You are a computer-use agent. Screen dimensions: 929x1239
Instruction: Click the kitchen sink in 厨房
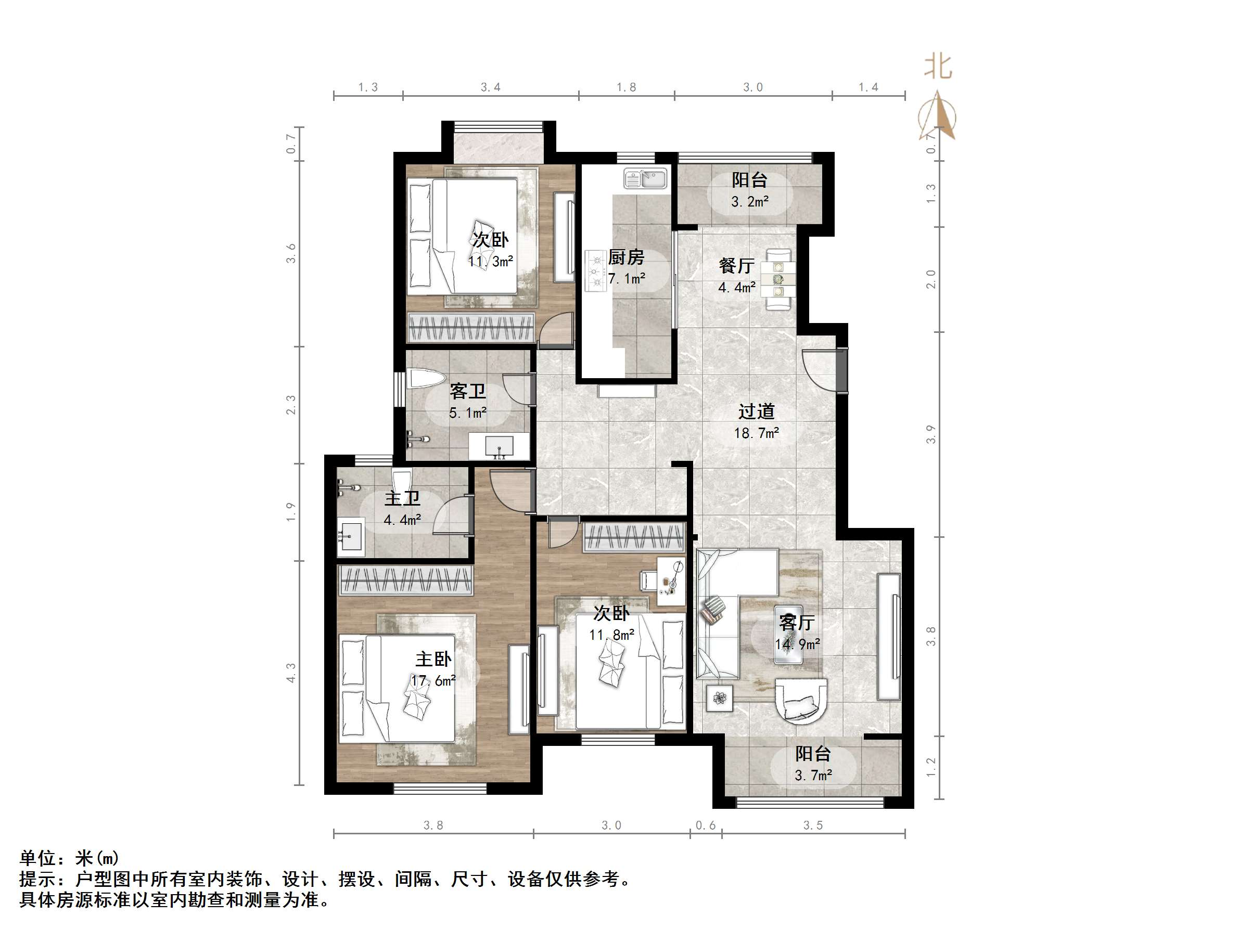(x=646, y=179)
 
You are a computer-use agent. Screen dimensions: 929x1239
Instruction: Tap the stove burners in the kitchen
(x=596, y=272)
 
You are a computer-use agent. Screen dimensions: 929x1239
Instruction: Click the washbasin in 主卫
(x=351, y=535)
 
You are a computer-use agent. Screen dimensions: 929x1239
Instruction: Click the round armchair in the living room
(x=801, y=701)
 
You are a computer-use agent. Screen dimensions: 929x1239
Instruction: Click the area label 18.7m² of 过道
(x=756, y=433)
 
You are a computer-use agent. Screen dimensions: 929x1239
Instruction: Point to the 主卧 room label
(x=433, y=659)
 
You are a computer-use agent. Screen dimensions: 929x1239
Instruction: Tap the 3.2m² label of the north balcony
(x=749, y=202)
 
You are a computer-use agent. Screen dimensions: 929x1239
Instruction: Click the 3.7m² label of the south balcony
(x=813, y=775)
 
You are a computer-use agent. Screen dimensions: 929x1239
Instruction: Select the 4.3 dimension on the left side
(x=291, y=673)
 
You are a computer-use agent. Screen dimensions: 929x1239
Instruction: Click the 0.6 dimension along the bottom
(x=705, y=825)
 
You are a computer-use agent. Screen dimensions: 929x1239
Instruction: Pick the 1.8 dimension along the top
(x=626, y=87)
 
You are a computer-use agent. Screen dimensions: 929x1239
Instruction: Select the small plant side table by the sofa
(x=719, y=698)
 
